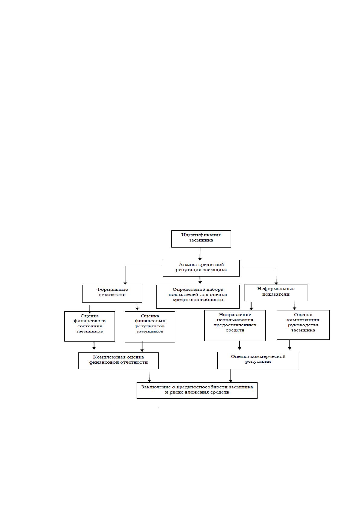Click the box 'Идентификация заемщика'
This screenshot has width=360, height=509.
201,239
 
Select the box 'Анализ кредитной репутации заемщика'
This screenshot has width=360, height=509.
201,268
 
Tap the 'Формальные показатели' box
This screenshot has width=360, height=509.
112,293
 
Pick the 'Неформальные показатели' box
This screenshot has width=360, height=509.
276,293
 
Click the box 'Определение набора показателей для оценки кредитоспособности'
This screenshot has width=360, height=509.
198,297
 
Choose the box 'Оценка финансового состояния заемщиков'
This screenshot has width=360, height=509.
89,326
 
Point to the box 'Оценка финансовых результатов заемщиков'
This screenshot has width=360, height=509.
150,327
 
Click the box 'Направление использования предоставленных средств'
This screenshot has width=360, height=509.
235,326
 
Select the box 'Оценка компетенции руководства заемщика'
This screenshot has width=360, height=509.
303,325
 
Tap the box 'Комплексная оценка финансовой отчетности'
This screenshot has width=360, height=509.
118,361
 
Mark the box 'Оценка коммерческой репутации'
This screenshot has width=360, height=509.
258,360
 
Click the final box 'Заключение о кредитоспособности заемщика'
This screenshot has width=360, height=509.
197,391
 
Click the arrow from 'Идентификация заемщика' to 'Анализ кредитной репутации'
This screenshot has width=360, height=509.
200,254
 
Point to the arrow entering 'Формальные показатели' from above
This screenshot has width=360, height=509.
125,275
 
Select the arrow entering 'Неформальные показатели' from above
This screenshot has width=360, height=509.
276,276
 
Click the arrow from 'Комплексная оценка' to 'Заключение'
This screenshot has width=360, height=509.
149,376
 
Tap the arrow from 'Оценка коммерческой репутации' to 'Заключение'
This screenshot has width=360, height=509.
231,376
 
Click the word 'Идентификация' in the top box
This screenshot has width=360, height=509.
201,235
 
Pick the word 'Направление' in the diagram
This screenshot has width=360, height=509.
235,315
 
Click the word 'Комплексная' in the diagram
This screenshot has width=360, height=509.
106,357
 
